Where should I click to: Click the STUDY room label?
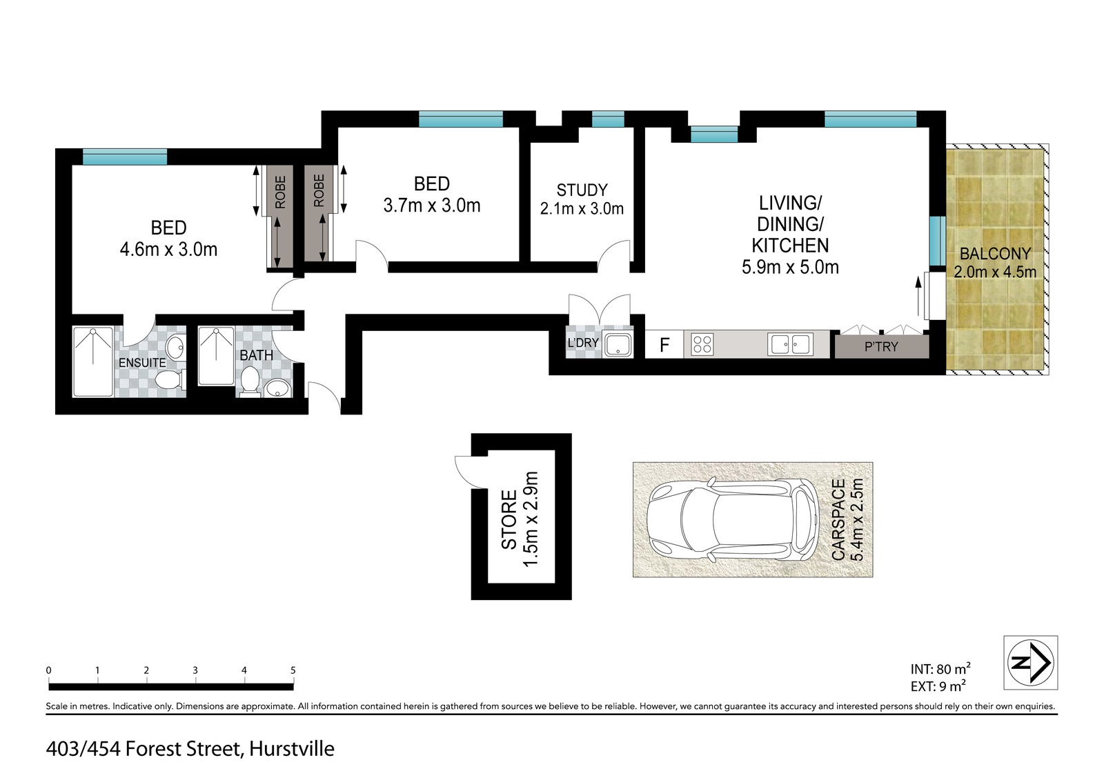pyautogui.click(x=582, y=190)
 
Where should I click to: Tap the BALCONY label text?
pyautogui.click(x=995, y=254)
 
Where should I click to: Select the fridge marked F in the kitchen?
pyautogui.click(x=664, y=344)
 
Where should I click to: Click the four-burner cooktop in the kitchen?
pyautogui.click(x=702, y=344)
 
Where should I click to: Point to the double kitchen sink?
pyautogui.click(x=790, y=344)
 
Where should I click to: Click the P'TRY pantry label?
pyautogui.click(x=881, y=347)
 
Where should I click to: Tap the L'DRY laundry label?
pyautogui.click(x=583, y=343)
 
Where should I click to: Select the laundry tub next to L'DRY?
pyautogui.click(x=618, y=344)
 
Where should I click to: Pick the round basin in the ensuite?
pyautogui.click(x=175, y=348)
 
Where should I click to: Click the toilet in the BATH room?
pyautogui.click(x=250, y=380)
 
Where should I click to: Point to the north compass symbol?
pyautogui.click(x=1031, y=662)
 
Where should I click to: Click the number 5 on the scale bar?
pyautogui.click(x=293, y=670)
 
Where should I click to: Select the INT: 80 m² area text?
pyautogui.click(x=940, y=668)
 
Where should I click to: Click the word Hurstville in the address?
pyautogui.click(x=292, y=749)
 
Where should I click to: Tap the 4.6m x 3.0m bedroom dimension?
pyautogui.click(x=168, y=250)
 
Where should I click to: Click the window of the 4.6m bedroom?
pyautogui.click(x=125, y=157)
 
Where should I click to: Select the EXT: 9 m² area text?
pyautogui.click(x=938, y=686)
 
